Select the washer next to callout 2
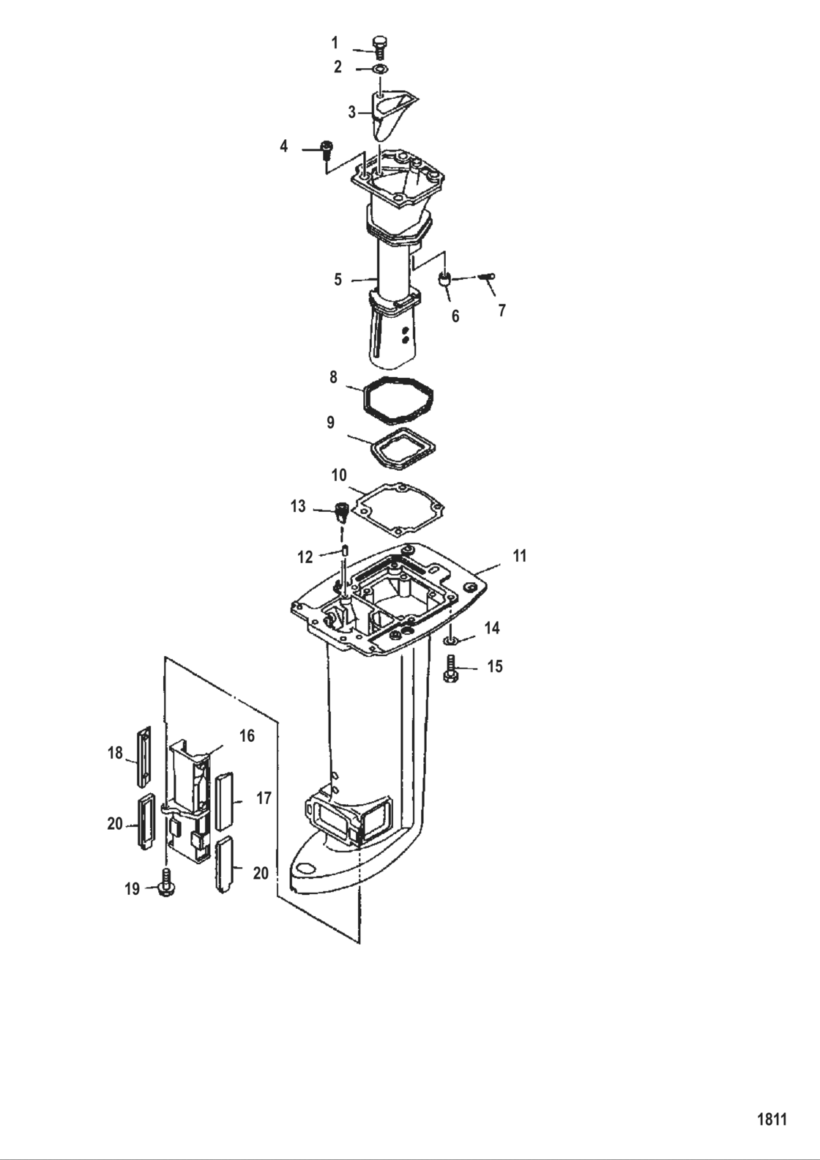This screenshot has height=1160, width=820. pos(379,69)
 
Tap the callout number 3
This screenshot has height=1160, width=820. pos(352,112)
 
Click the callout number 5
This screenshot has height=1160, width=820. pos(338,279)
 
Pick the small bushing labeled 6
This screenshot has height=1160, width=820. pos(444,279)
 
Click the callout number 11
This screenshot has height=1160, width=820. pos(519,556)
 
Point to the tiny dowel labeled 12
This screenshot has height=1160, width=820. pos(343,551)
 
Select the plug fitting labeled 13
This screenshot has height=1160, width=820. pos(340,510)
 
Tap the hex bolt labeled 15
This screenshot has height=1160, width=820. pos(450,669)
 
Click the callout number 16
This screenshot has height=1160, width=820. pos(247,736)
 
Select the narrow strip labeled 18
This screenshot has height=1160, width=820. pos(143,756)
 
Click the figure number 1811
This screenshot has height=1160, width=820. pos(770,1119)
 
